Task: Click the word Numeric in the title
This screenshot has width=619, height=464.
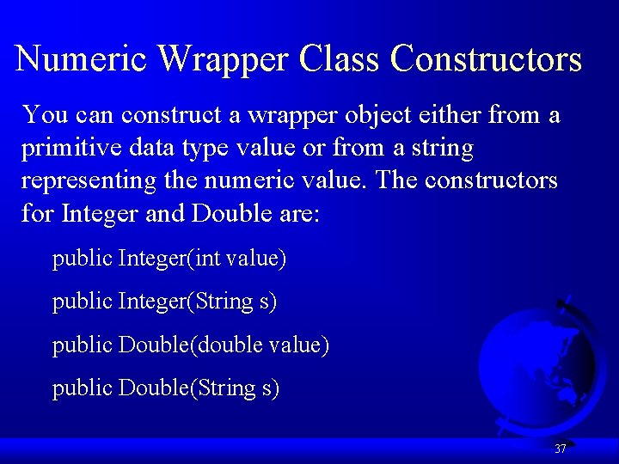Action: [x=83, y=59]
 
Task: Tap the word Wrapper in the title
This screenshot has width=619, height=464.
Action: [x=225, y=59]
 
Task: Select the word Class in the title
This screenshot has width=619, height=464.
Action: [x=340, y=59]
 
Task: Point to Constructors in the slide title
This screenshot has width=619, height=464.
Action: [x=486, y=59]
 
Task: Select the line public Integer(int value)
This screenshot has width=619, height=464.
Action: [x=169, y=259]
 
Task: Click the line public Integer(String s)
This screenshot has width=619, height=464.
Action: [x=164, y=302]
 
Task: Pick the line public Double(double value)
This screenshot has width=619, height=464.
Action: [x=190, y=345]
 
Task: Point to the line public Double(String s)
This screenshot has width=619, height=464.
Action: [x=166, y=388]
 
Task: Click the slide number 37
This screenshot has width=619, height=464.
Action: [x=560, y=449]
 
